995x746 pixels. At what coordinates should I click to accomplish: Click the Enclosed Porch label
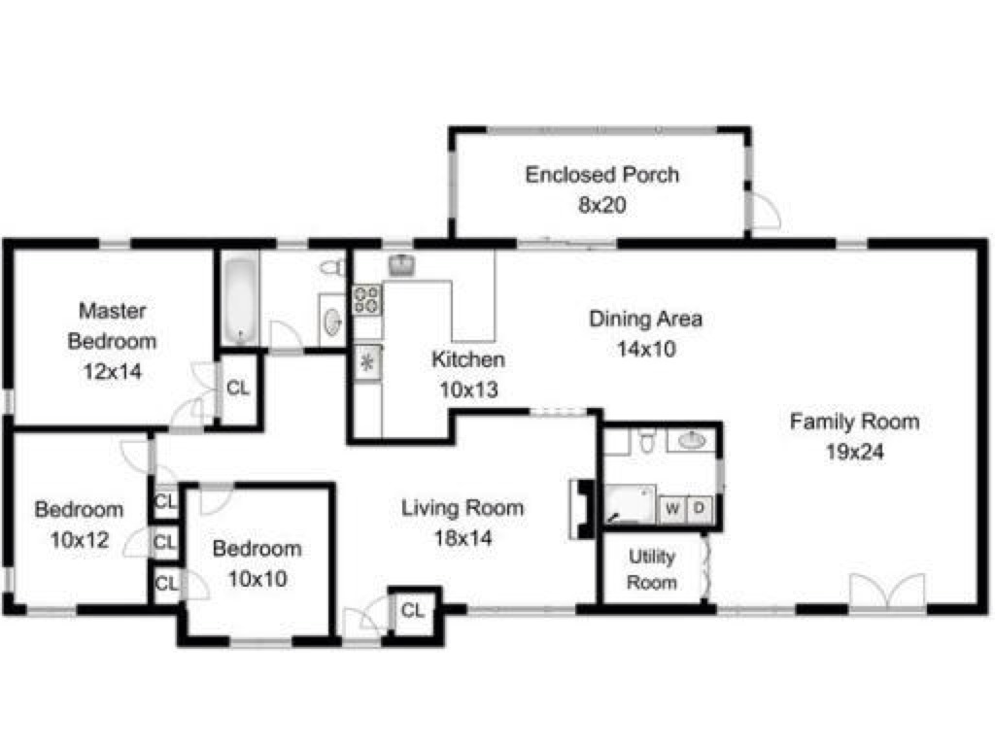pyautogui.click(x=602, y=175)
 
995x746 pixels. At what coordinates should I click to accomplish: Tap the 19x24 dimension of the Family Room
pyautogui.click(x=855, y=452)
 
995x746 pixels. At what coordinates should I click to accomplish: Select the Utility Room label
pyautogui.click(x=652, y=569)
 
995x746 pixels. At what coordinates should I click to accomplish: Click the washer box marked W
pyautogui.click(x=672, y=508)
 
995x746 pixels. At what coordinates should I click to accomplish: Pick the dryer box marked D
pyautogui.click(x=699, y=508)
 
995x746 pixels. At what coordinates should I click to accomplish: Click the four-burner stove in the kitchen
pyautogui.click(x=366, y=300)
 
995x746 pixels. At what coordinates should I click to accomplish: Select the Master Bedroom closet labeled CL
pyautogui.click(x=238, y=389)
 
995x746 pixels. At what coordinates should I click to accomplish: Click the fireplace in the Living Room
pyautogui.click(x=582, y=509)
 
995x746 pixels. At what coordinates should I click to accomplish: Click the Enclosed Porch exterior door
pyautogui.click(x=765, y=210)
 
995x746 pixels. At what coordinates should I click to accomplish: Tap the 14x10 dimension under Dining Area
pyautogui.click(x=646, y=349)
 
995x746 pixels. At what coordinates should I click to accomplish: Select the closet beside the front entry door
pyautogui.click(x=413, y=610)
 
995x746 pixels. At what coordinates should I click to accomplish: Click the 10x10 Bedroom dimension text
pyautogui.click(x=257, y=579)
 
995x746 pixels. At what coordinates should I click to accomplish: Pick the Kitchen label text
pyautogui.click(x=468, y=359)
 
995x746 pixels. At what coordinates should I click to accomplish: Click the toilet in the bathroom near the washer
pyautogui.click(x=646, y=440)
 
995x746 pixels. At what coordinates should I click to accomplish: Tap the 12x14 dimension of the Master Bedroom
pyautogui.click(x=113, y=371)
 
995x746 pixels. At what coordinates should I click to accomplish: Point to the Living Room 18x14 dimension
pyautogui.click(x=463, y=538)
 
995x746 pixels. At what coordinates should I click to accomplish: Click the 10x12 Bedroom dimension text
pyautogui.click(x=80, y=540)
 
